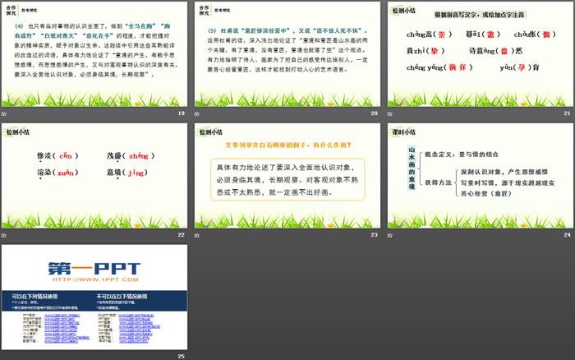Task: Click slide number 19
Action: [182, 112]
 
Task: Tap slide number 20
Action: [374, 112]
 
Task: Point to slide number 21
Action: [566, 112]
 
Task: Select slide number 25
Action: [182, 355]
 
